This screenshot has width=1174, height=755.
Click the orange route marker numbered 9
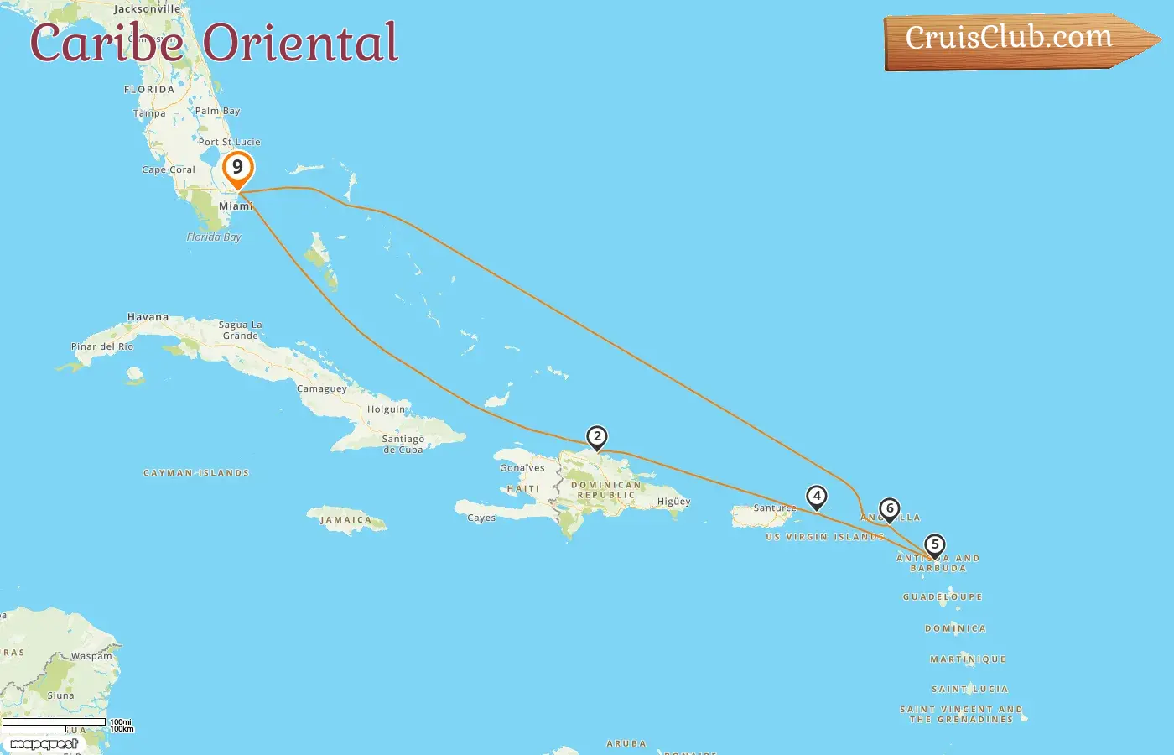pyautogui.click(x=238, y=168)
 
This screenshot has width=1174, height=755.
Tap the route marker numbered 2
pyautogui.click(x=597, y=437)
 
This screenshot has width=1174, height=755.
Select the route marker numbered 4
pyautogui.click(x=816, y=497)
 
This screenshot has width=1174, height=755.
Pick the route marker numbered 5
pyautogui.click(x=934, y=545)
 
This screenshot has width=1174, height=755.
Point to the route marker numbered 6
pyautogui.click(x=890, y=509)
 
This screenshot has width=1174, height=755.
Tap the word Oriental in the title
pyautogui.click(x=300, y=43)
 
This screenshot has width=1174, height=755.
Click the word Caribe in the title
pyautogui.click(x=106, y=43)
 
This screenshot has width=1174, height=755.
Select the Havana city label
pyautogui.click(x=148, y=317)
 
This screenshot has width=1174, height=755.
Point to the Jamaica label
pyautogui.click(x=345, y=520)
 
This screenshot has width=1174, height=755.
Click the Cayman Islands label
pyautogui.click(x=196, y=473)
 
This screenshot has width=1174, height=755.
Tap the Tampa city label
pyautogui.click(x=149, y=113)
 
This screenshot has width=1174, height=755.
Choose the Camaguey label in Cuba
pyautogui.click(x=321, y=389)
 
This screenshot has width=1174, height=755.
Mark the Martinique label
pyautogui.click(x=968, y=659)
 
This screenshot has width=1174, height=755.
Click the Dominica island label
pyautogui.click(x=955, y=628)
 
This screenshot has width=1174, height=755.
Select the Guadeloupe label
pyautogui.click(x=943, y=597)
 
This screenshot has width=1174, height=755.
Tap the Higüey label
pyautogui.click(x=673, y=502)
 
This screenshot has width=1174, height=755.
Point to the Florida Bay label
pyautogui.click(x=214, y=237)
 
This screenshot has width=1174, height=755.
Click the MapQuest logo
pyautogui.click(x=44, y=744)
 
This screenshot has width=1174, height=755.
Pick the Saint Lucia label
pyautogui.click(x=970, y=689)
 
